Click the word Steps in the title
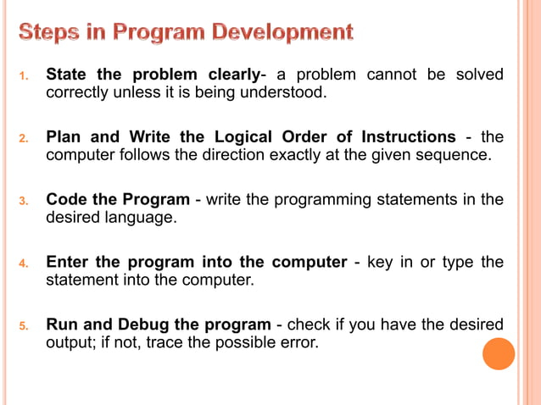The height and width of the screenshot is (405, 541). point(50,33)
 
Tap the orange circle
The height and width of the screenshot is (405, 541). point(499,353)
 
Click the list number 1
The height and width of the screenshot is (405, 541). point(25,77)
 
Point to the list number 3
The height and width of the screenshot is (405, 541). point(25,202)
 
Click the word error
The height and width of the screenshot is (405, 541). point(300,341)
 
